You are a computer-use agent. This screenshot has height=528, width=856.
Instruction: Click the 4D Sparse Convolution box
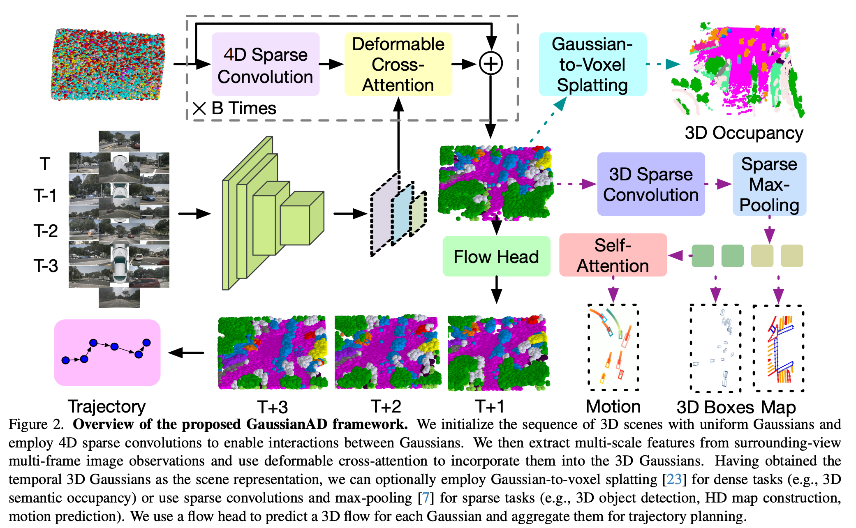(x=265, y=65)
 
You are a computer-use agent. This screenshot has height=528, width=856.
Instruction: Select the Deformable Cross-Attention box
(x=398, y=65)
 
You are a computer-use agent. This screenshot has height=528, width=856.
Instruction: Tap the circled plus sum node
(x=490, y=64)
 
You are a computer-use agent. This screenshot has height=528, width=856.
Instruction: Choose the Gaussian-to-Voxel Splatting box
(x=592, y=65)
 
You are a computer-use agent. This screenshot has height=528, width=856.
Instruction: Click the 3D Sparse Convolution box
(x=650, y=184)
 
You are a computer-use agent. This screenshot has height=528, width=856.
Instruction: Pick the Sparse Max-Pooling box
(x=769, y=184)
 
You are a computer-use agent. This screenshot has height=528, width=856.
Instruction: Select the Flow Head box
(x=496, y=256)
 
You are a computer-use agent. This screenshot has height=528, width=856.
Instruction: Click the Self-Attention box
(x=613, y=255)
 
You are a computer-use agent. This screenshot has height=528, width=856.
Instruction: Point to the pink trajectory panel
(x=107, y=353)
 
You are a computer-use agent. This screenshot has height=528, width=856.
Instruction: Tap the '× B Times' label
(x=234, y=108)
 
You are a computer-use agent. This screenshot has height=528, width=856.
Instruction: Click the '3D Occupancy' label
(x=744, y=133)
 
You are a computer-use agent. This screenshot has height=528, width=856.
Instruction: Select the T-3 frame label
(x=46, y=266)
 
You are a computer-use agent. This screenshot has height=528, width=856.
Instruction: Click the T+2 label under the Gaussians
(x=386, y=406)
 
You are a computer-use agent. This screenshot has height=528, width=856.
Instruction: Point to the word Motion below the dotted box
(x=613, y=406)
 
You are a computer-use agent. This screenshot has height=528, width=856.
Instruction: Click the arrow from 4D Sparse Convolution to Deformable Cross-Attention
(x=331, y=64)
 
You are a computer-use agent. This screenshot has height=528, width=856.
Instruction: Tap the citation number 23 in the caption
(x=674, y=479)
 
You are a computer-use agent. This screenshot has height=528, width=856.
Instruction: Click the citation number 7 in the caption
(x=426, y=498)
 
